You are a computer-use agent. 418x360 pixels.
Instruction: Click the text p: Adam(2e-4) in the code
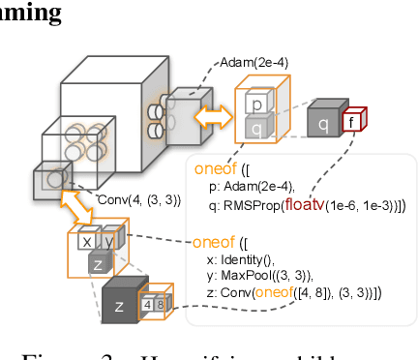pos(254,188)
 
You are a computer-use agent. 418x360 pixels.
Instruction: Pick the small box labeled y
pos(108,241)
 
